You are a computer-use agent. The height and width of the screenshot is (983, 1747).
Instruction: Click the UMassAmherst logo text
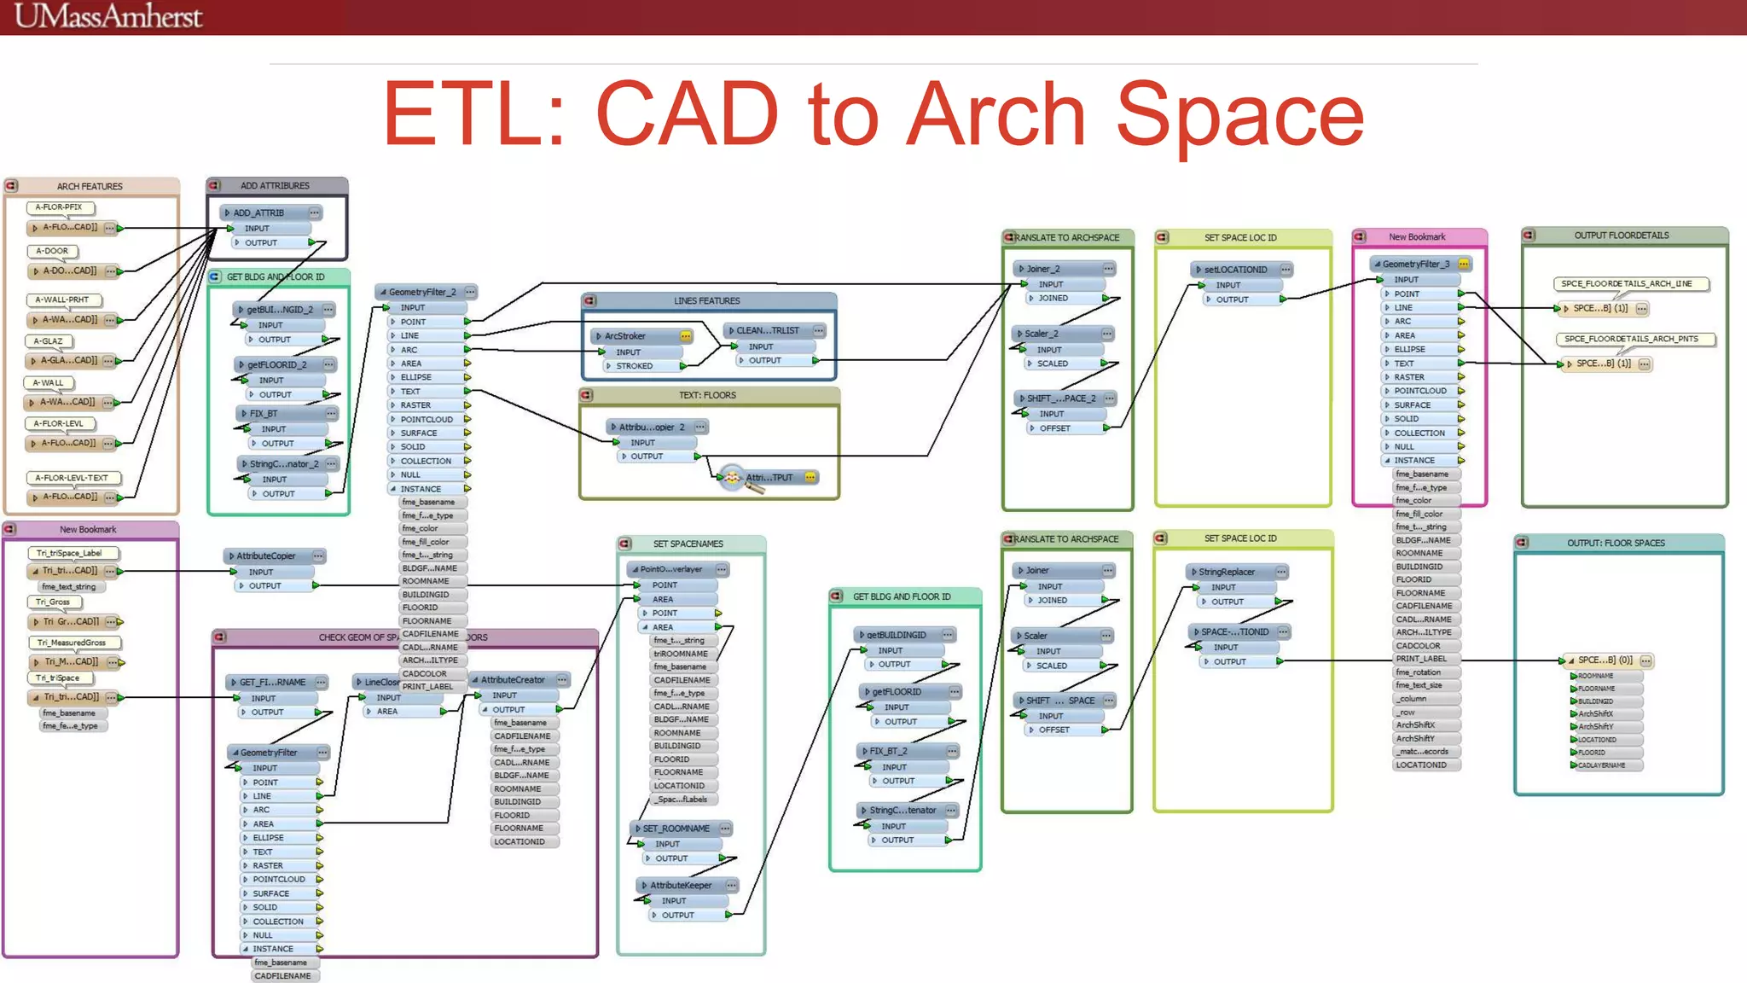tap(108, 15)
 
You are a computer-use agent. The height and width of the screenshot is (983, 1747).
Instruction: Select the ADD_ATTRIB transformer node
tap(259, 212)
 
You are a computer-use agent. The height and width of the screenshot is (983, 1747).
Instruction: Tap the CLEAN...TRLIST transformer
tap(767, 330)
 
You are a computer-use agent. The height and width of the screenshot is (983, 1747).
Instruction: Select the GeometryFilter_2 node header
tap(422, 292)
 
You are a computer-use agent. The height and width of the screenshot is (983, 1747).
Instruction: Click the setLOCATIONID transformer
tap(1235, 270)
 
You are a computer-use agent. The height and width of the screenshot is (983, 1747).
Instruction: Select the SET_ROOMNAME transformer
tap(676, 829)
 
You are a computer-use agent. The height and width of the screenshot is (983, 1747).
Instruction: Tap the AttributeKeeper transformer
tap(681, 886)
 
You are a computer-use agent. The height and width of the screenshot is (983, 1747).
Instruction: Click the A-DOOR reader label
tap(52, 251)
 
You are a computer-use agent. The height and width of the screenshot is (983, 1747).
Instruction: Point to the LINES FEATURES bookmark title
tap(706, 301)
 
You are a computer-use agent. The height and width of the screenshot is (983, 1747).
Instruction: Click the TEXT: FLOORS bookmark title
tap(706, 395)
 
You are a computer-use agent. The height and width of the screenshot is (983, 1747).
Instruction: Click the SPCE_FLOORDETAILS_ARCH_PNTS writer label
tap(1630, 339)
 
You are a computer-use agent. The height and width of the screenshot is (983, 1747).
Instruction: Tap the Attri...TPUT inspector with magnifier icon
tap(768, 478)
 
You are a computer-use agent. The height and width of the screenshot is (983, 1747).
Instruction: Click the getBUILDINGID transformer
tap(896, 635)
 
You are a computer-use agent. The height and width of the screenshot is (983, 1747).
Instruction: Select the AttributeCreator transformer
tap(513, 680)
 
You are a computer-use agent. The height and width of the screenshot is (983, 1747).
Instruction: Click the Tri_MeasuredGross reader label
tap(72, 643)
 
